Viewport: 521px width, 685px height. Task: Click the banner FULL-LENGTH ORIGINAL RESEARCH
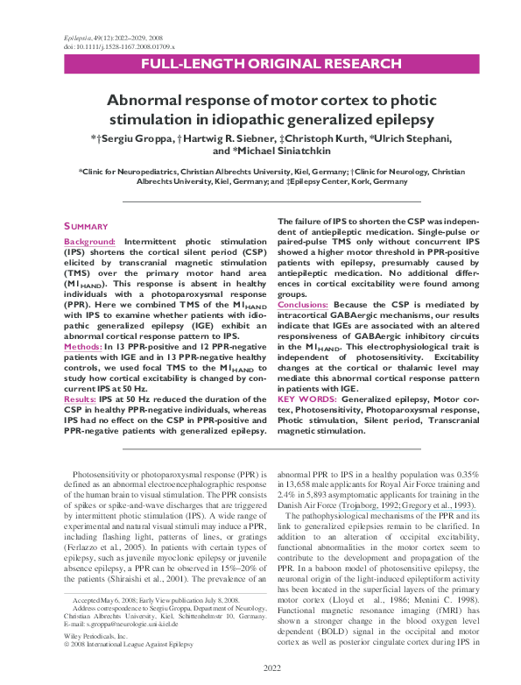pyautogui.click(x=260, y=66)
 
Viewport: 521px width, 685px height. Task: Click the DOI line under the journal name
pyautogui.click(x=120, y=46)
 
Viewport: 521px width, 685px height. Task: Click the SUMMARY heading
pyautogui.click(x=86, y=226)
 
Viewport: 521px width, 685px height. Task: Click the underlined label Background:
pyautogui.click(x=90, y=241)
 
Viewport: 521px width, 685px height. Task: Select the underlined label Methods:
pyautogui.click(x=82, y=347)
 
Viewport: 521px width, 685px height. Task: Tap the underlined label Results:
pyautogui.click(x=81, y=399)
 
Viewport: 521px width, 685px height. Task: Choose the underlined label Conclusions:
pyautogui.click(x=304, y=304)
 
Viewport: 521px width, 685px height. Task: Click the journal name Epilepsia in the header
pyautogui.click(x=78, y=38)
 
